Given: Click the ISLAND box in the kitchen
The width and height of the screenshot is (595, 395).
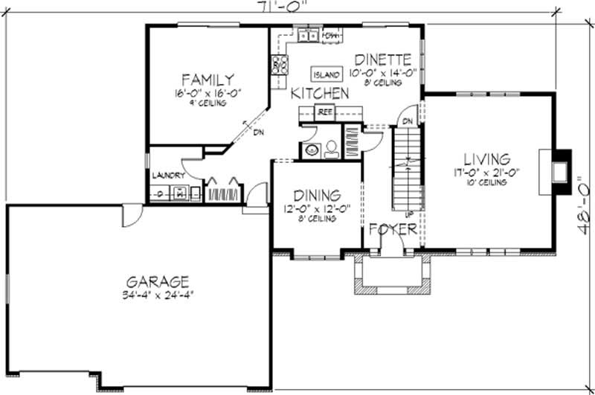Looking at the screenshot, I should tap(327, 74).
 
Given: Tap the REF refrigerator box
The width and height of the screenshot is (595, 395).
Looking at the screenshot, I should tap(324, 112).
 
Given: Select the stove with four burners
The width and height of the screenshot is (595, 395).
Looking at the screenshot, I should tap(279, 65).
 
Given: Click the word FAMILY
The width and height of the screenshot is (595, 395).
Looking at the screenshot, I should tap(208, 80).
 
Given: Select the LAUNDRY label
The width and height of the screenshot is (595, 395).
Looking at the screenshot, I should tap(168, 176).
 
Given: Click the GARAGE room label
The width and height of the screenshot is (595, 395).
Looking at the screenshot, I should tap(157, 281).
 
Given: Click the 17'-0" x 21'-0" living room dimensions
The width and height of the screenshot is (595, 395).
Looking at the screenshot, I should tap(486, 173).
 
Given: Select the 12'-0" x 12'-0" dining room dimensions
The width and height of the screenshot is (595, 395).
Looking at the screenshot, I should tap(315, 209).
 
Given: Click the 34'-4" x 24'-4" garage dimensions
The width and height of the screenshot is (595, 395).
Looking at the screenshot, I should tap(157, 295).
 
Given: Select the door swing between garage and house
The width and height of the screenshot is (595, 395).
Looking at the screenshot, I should tap(132, 216).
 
